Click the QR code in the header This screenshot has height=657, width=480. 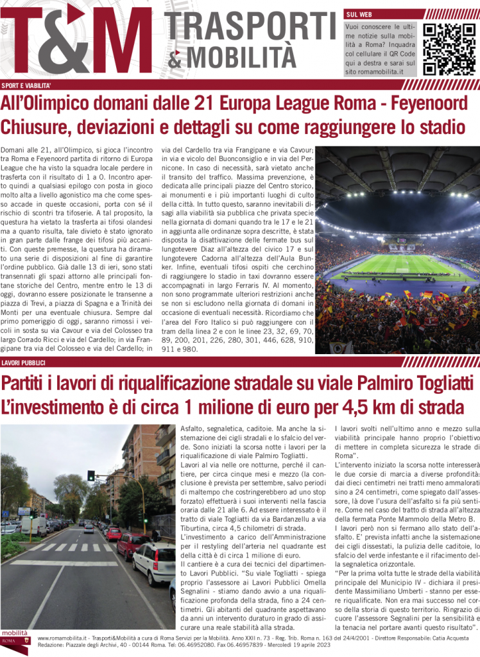pos(449,48)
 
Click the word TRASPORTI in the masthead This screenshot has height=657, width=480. pos(250,27)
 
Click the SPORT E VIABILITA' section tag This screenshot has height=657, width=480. pos(26,85)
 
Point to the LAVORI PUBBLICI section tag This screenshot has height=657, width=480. pos(23,363)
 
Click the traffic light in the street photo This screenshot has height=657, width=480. pos(91,475)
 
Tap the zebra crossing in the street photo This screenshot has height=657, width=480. pos(71,547)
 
